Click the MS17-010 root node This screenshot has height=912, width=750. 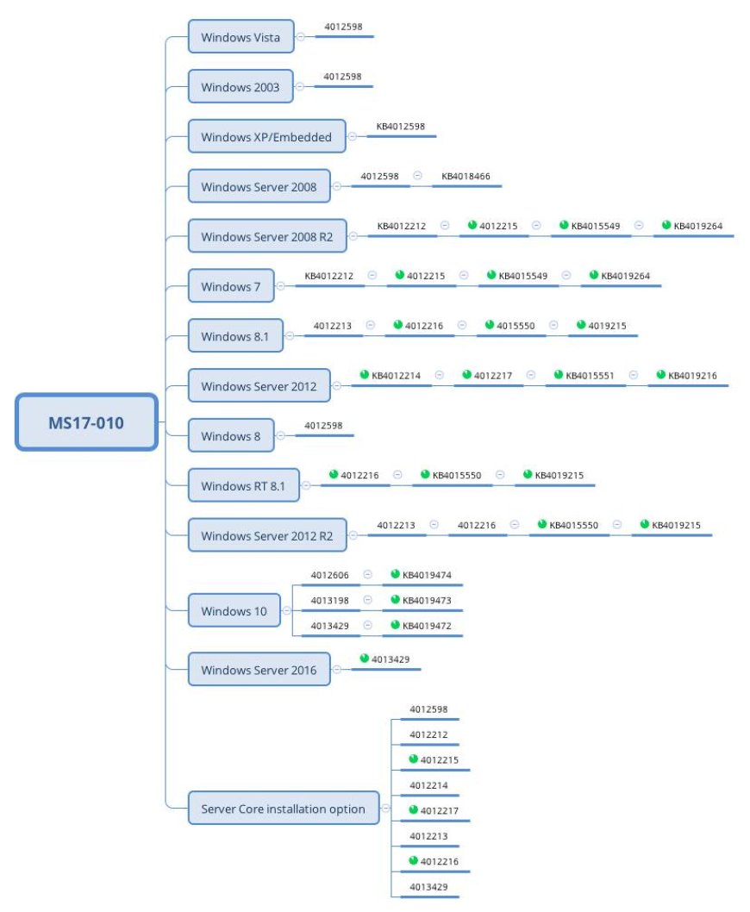coord(86,422)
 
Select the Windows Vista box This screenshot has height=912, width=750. coord(241,37)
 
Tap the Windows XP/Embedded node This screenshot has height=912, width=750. coord(266,137)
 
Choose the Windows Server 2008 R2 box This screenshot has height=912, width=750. coord(267,236)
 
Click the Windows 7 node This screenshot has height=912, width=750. coord(231,286)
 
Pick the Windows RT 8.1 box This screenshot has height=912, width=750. coord(243,485)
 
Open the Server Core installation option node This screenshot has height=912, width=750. coord(284,808)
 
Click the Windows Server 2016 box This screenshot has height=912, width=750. coord(259,670)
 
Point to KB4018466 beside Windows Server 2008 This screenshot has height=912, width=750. coord(466,176)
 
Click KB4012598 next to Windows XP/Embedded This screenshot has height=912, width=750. coord(400,126)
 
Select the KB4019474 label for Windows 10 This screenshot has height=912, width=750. coord(427,575)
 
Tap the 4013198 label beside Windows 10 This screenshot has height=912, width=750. coord(329,600)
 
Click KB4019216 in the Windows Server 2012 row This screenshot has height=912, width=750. coord(692,375)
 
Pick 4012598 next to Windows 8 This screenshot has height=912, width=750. coord(323,425)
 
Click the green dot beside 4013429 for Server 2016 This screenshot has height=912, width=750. coord(365,658)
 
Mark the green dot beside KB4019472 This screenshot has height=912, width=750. coord(395,625)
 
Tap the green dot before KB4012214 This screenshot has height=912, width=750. coord(365,374)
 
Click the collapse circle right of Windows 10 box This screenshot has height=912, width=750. coord(286,610)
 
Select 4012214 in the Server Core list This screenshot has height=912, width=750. coord(428,785)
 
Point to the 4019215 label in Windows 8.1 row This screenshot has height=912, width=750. coord(607,326)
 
